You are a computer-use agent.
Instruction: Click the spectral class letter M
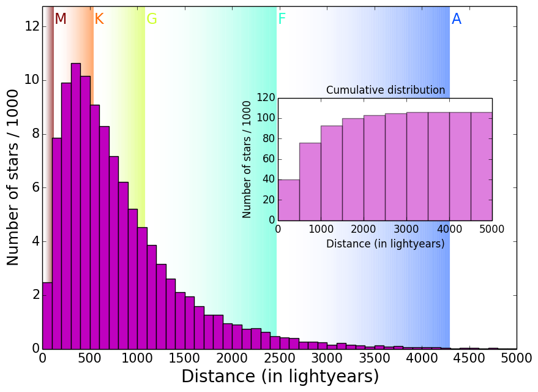point(61,20)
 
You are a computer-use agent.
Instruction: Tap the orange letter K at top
point(99,20)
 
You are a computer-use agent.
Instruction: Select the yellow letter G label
point(152,20)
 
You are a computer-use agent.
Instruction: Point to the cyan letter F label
point(282,20)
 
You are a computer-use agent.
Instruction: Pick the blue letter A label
point(457,20)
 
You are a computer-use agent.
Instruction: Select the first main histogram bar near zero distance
point(47,315)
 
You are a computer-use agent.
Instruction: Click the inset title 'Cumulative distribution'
point(386,90)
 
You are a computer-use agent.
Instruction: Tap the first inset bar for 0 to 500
point(289,200)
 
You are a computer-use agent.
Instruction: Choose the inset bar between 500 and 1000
point(310,181)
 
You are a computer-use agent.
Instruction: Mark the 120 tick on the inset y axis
point(266,98)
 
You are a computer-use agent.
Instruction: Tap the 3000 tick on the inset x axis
point(406,229)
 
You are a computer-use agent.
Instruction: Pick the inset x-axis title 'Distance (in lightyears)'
point(386,244)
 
